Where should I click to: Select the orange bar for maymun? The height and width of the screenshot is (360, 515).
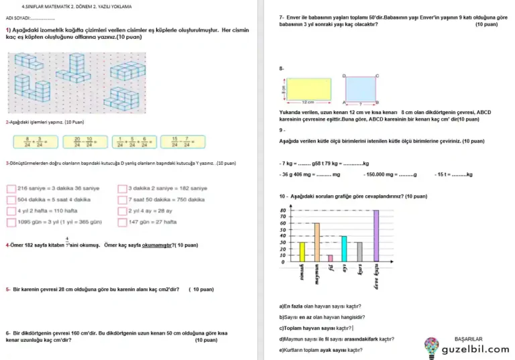(317, 242)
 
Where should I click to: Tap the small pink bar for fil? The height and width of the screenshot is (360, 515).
(330, 258)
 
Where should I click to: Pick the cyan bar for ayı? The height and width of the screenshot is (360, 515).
(344, 249)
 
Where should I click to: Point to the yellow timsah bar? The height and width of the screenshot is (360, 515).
(302, 252)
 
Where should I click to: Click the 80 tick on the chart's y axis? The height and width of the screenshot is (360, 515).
(283, 211)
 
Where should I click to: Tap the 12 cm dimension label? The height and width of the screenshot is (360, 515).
(308, 102)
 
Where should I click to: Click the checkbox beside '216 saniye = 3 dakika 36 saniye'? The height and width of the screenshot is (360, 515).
(11, 188)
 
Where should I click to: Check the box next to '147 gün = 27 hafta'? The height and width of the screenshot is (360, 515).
(122, 222)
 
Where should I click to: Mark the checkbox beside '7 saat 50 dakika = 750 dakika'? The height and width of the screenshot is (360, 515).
(122, 200)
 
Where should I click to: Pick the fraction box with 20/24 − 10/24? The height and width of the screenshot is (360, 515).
(84, 141)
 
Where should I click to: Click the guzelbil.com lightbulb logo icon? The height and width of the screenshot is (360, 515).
(432, 347)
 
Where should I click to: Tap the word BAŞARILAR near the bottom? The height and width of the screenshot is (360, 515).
(468, 339)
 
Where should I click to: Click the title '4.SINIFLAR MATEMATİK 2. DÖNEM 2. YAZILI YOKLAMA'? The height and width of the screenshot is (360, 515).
(76, 6)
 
